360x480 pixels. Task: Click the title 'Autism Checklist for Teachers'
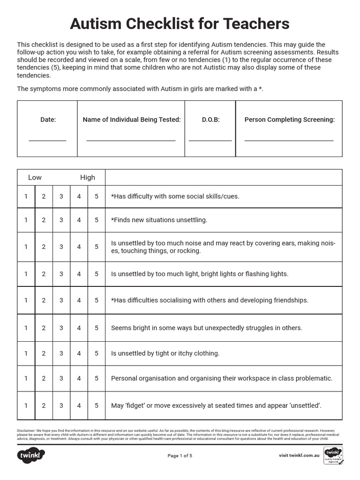[x=180, y=23]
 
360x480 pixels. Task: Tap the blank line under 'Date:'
[x=47, y=140]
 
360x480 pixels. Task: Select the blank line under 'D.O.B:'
[x=210, y=140]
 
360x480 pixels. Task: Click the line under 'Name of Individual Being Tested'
[x=131, y=140]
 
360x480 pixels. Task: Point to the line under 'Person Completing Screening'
[x=289, y=140]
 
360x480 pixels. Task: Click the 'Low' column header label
[x=35, y=177]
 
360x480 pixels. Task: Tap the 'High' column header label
[x=87, y=177]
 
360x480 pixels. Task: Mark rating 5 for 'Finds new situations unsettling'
[x=97, y=220]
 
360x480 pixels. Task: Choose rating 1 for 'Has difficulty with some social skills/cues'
[x=26, y=196]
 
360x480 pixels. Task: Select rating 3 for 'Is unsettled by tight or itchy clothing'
[x=61, y=353]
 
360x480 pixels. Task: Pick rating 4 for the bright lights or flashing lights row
[x=79, y=274]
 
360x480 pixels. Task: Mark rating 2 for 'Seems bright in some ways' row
[x=44, y=328]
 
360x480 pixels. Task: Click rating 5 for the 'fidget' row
[x=97, y=406]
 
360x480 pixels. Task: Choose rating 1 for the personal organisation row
[x=26, y=378]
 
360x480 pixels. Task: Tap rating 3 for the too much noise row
[x=61, y=247]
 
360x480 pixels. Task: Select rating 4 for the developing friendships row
[x=79, y=300]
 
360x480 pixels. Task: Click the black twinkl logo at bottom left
[x=31, y=455]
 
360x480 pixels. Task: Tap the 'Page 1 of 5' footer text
[x=180, y=455]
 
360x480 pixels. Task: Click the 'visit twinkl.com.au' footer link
[x=299, y=455]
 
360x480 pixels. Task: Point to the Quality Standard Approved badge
[x=333, y=455]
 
